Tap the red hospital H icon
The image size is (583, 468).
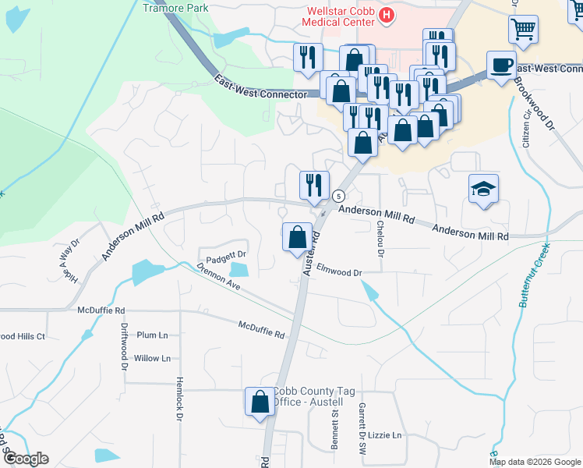(x=384, y=15)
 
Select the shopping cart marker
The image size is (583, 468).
(x=523, y=30)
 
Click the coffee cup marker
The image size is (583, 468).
(x=500, y=65)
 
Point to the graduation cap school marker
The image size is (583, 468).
(x=483, y=189)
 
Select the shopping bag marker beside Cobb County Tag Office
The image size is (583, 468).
(x=260, y=402)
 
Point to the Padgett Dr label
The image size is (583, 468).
(x=226, y=255)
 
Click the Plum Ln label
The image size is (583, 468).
(x=152, y=335)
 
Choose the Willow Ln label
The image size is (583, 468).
(x=152, y=359)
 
